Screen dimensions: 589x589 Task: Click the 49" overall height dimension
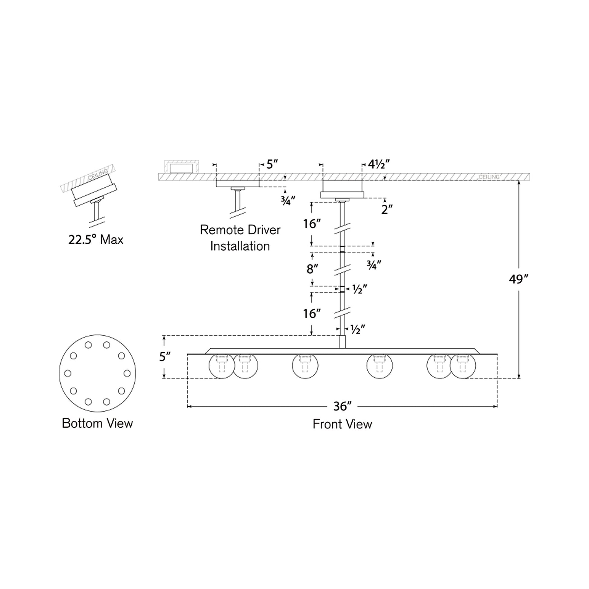518,279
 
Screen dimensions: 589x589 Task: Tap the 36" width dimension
342,406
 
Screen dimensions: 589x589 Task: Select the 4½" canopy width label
379,165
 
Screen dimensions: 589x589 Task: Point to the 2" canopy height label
387,210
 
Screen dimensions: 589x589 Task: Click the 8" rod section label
312,269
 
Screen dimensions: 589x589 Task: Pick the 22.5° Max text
96,240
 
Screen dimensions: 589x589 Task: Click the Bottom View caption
97,423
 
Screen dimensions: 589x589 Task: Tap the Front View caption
342,424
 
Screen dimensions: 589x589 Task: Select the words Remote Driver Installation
240,238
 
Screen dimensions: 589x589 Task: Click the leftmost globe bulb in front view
222,366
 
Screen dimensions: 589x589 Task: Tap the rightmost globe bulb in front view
462,366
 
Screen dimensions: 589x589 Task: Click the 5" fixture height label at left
165,356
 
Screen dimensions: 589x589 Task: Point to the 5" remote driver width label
272,165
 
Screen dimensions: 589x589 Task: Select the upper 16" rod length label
312,224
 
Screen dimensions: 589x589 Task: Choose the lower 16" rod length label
312,313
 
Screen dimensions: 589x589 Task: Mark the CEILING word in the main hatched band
489,177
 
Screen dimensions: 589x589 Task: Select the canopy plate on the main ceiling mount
342,195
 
